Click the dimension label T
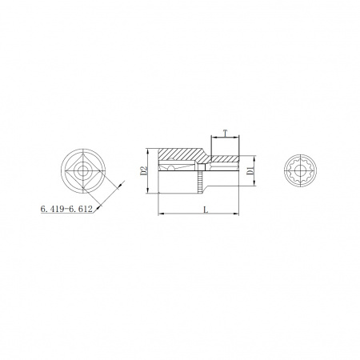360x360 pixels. coord(226,133)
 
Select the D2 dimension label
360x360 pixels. coord(144,171)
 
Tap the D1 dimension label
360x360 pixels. coord(250,170)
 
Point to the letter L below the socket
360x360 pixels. coord(206,210)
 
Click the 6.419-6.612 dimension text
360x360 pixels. coord(66,209)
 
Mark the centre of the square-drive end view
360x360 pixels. coord(82,171)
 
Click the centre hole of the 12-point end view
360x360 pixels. coord(300,170)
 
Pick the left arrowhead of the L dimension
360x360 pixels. coord(161,214)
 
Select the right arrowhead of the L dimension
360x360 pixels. coord(236,214)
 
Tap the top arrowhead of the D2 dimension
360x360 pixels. coord(147,151)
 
